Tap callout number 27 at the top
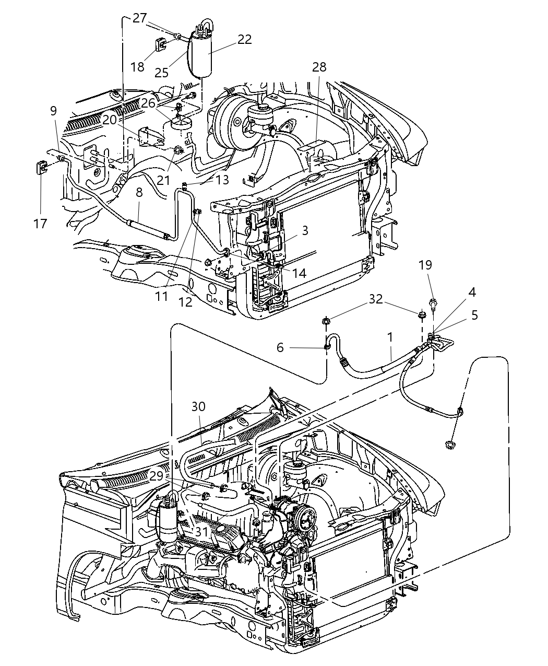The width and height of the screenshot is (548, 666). (139, 18)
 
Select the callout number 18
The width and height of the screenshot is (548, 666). (137, 67)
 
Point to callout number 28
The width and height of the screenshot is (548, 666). (319, 67)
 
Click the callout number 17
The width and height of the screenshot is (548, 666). (40, 224)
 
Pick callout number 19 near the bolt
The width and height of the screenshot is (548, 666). (425, 265)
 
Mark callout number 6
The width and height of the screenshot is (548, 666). (280, 347)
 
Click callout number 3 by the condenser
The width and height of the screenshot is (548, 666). (305, 230)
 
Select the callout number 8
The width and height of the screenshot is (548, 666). (139, 207)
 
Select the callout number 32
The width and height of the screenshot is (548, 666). (376, 299)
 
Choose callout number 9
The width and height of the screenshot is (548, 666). (53, 111)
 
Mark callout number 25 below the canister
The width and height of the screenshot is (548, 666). (161, 73)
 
